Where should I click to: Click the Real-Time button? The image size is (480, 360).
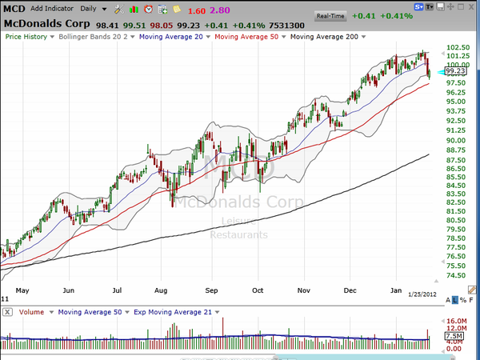point(330,15)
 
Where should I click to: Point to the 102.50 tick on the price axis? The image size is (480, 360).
point(456,47)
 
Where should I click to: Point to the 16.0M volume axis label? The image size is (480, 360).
point(455,320)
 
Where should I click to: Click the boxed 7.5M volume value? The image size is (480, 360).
point(453,338)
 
